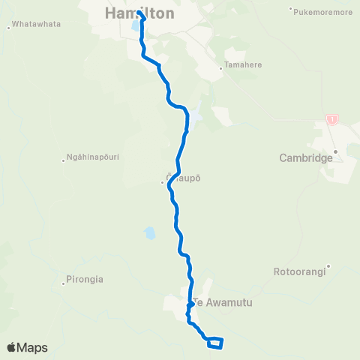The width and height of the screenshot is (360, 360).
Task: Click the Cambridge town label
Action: (x=305, y=158)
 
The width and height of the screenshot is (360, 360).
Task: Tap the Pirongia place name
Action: (x=85, y=279)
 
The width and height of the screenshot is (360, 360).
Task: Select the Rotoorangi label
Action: (x=300, y=271)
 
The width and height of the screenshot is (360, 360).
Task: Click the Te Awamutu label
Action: (x=222, y=302)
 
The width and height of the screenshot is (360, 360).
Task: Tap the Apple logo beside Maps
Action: (x=13, y=347)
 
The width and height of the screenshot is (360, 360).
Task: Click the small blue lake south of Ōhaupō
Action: (x=150, y=233)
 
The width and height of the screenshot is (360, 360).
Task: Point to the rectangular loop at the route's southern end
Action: (x=214, y=343)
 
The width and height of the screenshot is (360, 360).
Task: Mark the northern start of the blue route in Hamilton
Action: (x=139, y=12)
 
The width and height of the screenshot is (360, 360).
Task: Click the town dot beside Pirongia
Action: (x=63, y=283)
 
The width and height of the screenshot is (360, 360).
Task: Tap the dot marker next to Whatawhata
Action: (x=8, y=28)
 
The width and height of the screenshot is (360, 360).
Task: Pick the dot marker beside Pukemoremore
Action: (x=290, y=10)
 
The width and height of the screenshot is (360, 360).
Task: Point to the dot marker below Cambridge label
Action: (x=337, y=152)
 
